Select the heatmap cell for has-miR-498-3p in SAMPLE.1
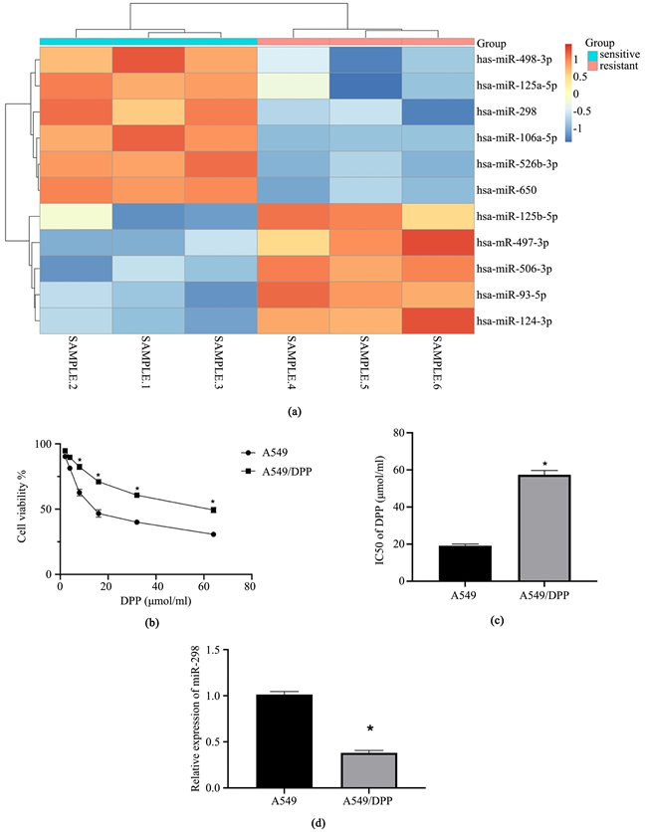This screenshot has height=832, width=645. pos(147,61)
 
